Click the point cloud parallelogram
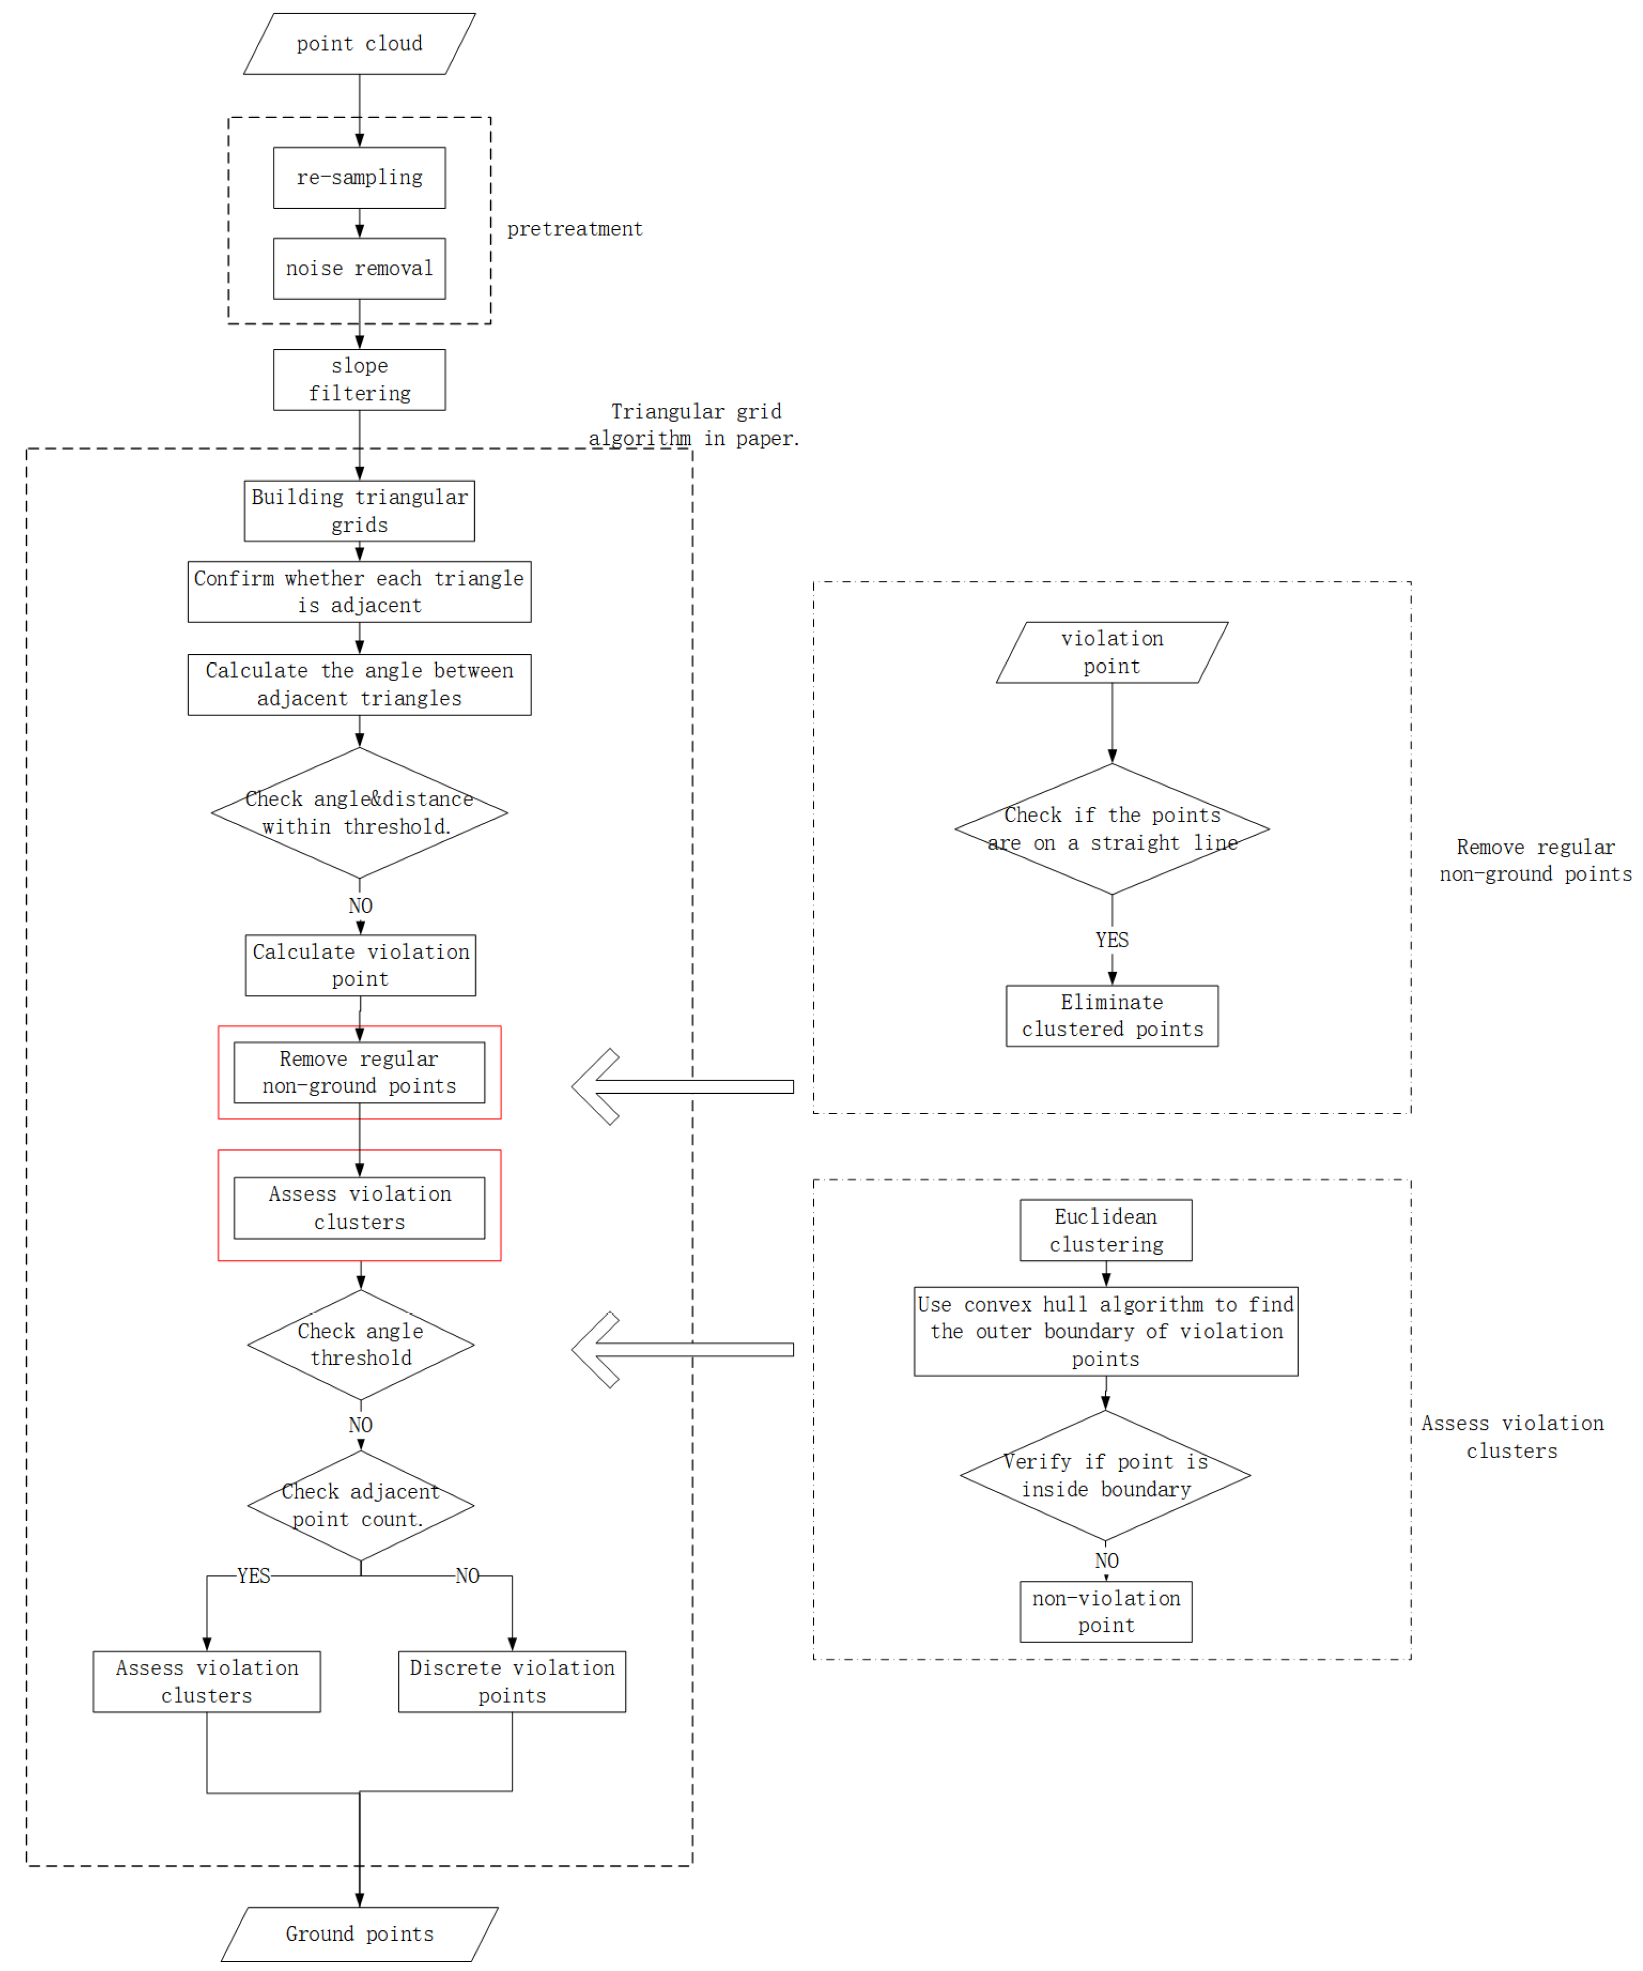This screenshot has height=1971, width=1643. pos(359,44)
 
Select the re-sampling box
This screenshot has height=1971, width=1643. pos(359,178)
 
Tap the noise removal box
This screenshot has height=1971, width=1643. pos(359,269)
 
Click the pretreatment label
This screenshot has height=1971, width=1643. pos(574,229)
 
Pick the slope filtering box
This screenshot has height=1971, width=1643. pos(359,380)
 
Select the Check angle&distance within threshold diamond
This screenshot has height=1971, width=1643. pos(359,813)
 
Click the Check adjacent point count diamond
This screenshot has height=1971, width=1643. pos(360,1505)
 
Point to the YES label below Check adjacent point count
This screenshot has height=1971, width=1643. pos(253,1576)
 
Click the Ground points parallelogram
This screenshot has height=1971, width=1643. pos(359,1934)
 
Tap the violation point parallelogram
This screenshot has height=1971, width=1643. pos(1112,652)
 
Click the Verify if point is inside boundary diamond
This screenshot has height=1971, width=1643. pos(1106,1475)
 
